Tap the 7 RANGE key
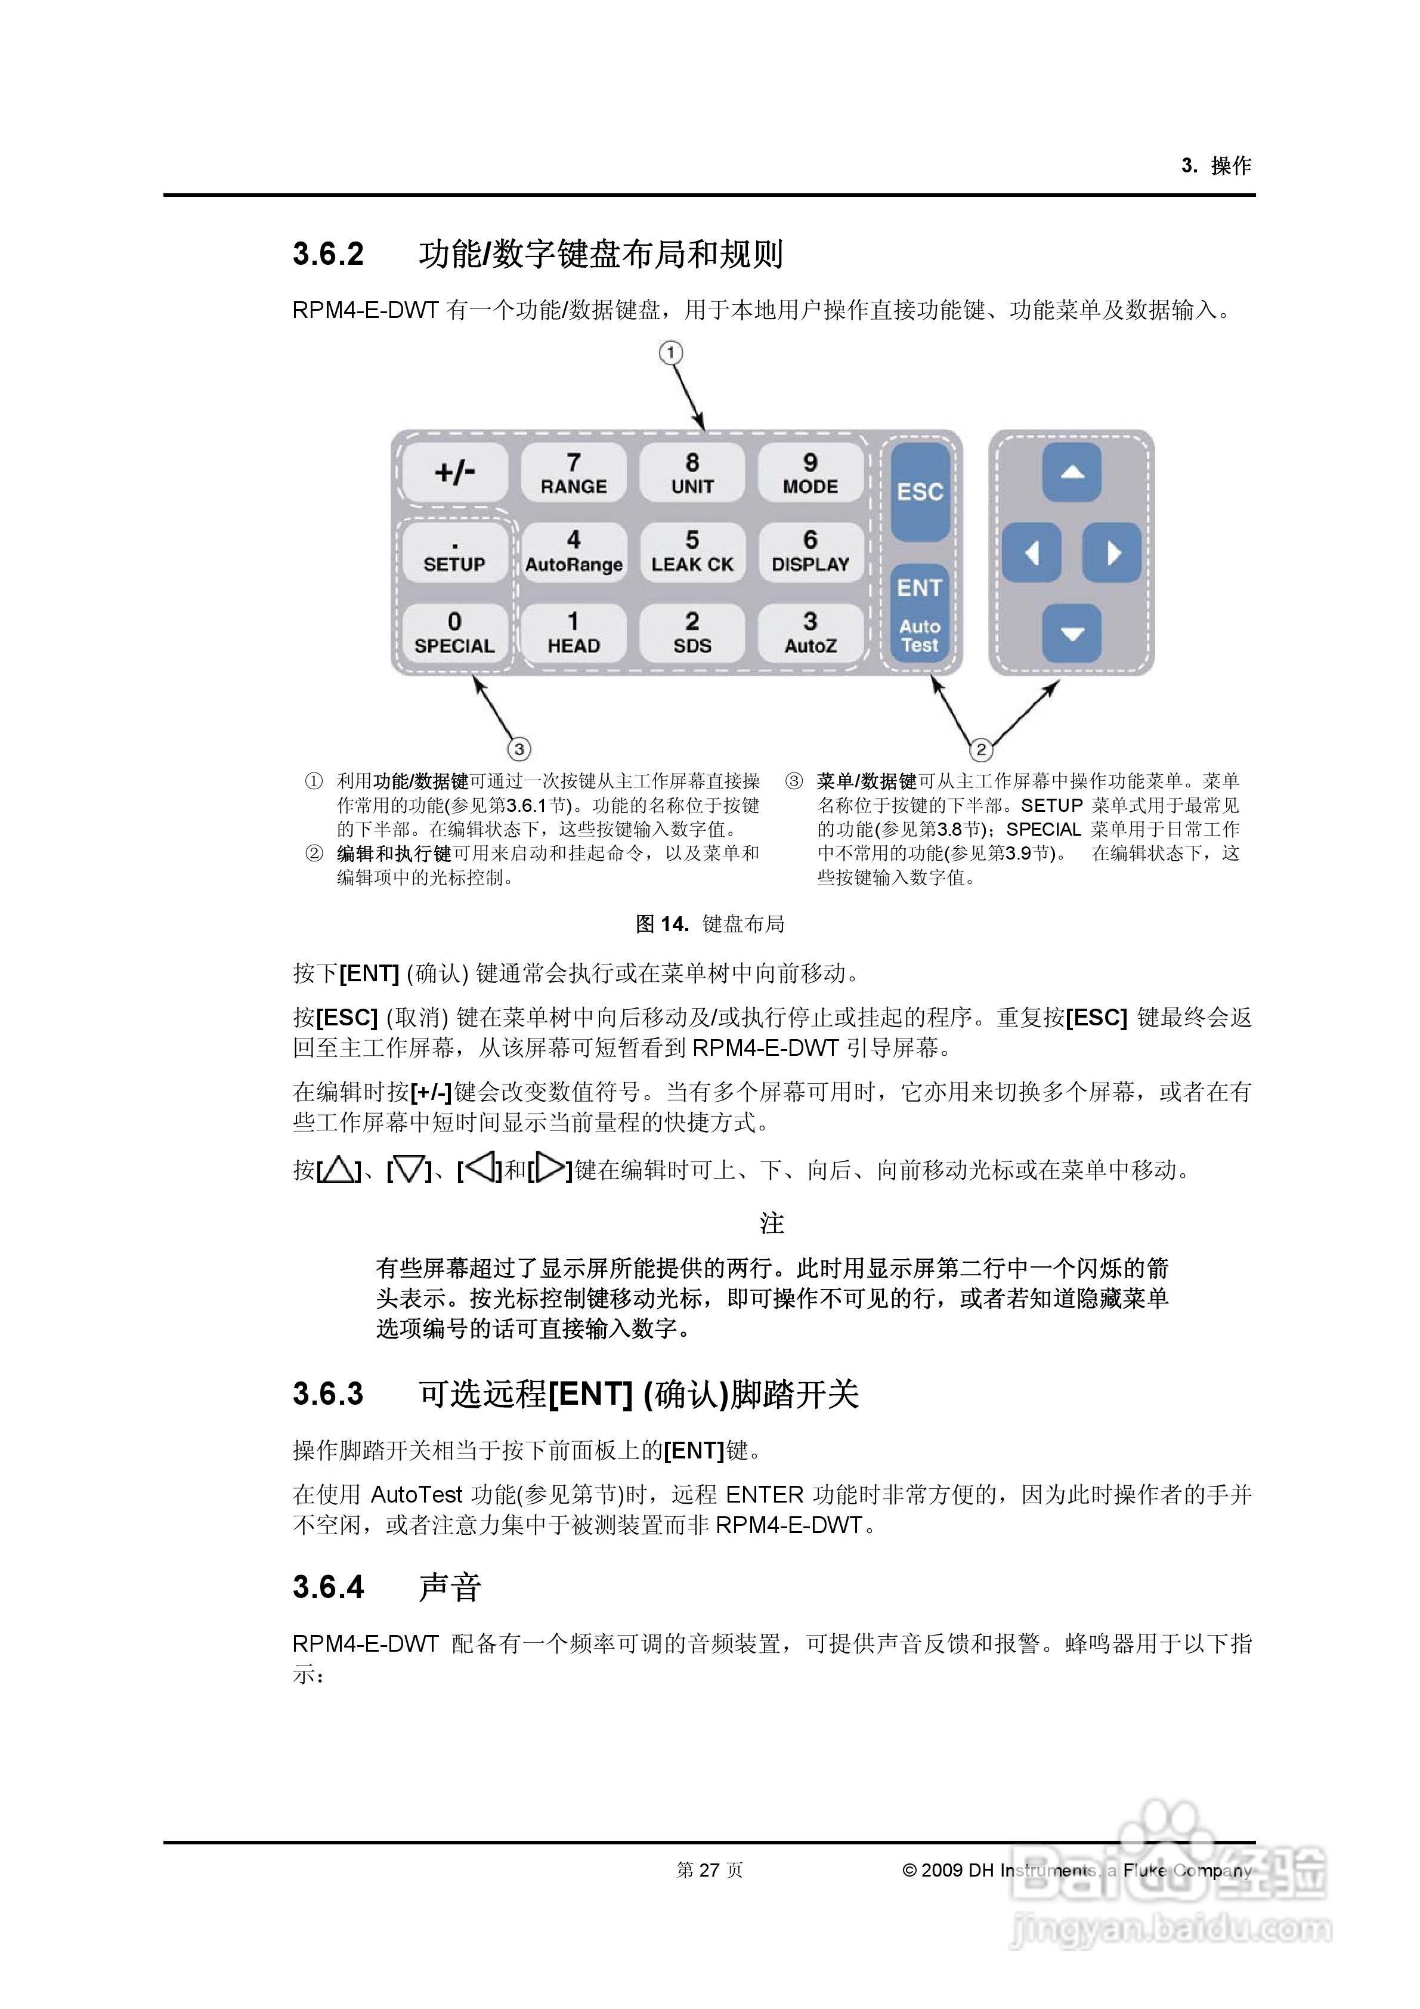tap(573, 474)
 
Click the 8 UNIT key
tap(692, 474)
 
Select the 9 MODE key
tap(810, 474)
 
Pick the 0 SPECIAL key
tap(454, 633)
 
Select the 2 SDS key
tap(692, 633)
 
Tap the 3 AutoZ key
tap(810, 633)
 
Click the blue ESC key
tap(920, 491)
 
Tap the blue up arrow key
tap(1072, 472)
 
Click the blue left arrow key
tap(1032, 553)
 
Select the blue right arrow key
tap(1112, 553)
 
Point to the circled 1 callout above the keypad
tap(670, 353)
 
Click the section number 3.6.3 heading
tap(328, 1393)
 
